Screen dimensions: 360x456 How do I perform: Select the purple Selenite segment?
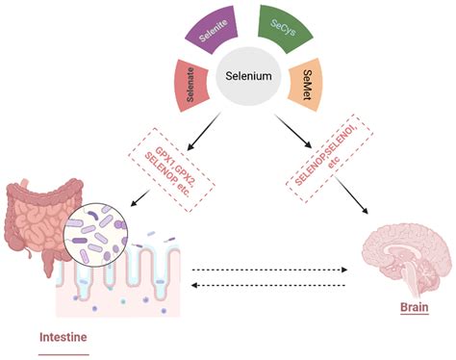click(x=207, y=33)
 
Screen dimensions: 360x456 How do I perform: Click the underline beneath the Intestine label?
click(x=63, y=353)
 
